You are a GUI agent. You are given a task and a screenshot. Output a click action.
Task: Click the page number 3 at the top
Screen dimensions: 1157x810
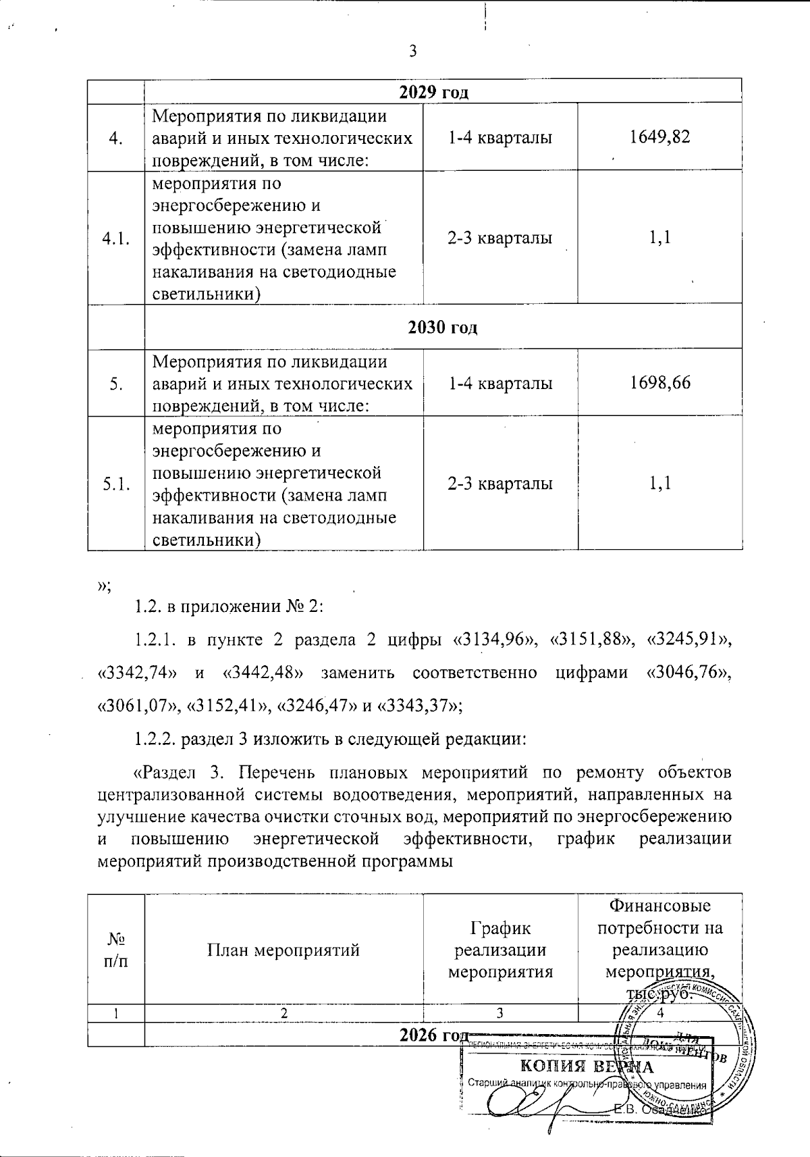[412, 51]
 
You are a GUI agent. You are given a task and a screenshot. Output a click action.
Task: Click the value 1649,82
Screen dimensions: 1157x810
[659, 137]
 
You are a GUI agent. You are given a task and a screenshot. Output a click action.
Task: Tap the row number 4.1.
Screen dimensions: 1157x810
[115, 238]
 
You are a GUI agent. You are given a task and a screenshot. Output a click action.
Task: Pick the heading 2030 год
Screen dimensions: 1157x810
[442, 328]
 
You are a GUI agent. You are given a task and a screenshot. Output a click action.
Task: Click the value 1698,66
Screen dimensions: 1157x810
[659, 383]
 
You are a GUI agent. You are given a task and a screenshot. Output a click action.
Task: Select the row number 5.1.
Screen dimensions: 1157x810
[115, 484]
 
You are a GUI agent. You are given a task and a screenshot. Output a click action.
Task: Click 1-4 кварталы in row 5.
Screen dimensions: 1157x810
[500, 383]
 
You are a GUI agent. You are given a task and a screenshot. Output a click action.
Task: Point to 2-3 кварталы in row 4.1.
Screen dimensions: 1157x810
[500, 238]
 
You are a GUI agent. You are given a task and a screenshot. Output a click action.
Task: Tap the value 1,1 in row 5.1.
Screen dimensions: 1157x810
[659, 483]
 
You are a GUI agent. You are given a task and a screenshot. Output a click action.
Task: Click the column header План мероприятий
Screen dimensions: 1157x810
[283, 950]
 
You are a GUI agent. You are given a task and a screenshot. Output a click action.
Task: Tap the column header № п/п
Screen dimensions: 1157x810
[115, 950]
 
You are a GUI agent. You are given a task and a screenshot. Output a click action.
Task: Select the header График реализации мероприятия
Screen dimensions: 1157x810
[500, 950]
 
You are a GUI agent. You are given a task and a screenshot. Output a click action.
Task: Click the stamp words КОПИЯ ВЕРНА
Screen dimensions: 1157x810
[585, 1067]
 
